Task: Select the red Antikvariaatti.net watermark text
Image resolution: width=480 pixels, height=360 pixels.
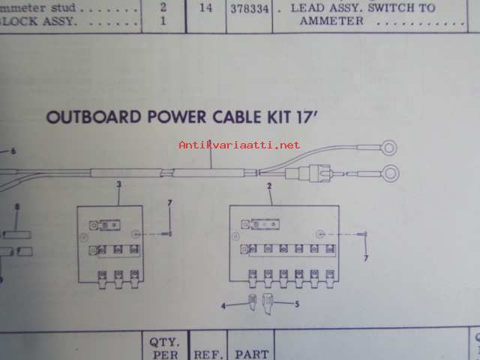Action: click(239, 145)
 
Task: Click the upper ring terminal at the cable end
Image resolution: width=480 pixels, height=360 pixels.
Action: click(391, 147)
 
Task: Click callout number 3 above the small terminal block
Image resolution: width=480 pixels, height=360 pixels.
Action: click(119, 184)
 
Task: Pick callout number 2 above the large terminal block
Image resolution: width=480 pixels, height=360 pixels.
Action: click(269, 184)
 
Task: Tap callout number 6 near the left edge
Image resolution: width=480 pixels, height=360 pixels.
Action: click(12, 151)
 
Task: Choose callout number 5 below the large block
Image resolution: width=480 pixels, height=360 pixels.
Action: click(298, 304)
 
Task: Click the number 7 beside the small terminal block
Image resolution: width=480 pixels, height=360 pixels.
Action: click(170, 203)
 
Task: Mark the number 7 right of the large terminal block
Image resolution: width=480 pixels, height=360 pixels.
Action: click(366, 259)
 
